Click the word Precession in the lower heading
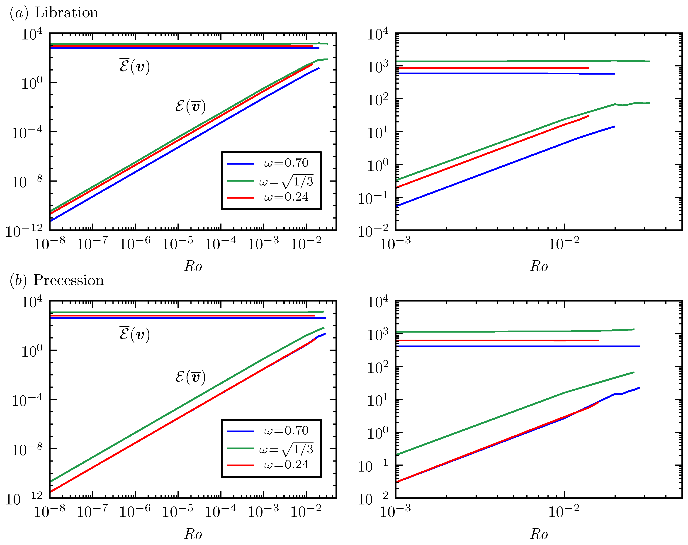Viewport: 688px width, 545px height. pos(69,280)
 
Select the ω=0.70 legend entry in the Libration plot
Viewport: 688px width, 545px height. pos(286,163)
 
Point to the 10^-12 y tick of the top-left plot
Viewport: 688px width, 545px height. pos(24,230)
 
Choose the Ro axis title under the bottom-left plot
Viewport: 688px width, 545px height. pos(193,534)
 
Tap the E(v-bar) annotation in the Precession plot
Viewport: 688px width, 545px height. pos(190,377)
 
